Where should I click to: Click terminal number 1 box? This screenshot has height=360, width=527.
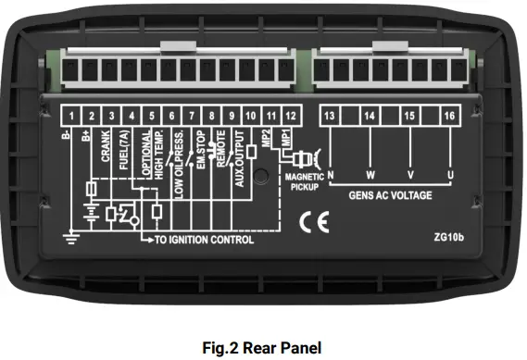point(70,116)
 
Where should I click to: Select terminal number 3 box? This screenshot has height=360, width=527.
point(111,116)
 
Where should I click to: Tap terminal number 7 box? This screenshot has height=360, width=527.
point(192,116)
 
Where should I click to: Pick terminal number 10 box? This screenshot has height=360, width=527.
point(251,116)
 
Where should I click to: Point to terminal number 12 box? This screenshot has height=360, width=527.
point(291,116)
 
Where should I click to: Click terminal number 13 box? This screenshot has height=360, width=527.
point(330,116)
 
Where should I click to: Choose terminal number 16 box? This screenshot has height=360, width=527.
point(449,116)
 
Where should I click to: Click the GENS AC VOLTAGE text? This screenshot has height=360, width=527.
point(390,195)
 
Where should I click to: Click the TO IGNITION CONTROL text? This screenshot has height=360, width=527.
point(203,240)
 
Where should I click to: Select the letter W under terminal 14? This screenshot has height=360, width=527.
point(370,174)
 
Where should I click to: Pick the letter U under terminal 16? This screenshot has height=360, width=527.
point(450,174)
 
